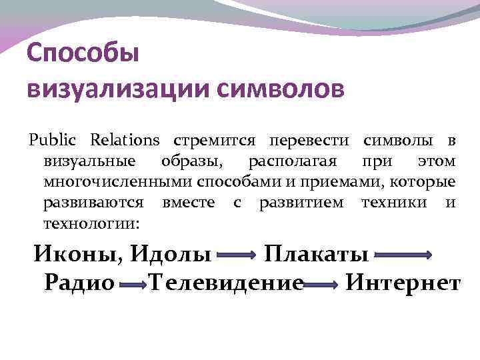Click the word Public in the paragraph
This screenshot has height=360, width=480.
tap(53, 141)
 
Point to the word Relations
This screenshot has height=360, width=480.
tap(125, 141)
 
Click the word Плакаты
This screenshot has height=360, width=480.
tap(317, 255)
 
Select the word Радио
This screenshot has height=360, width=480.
tap(79, 283)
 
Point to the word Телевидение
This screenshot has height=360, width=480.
tap(227, 283)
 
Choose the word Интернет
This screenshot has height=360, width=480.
tap(402, 283)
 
